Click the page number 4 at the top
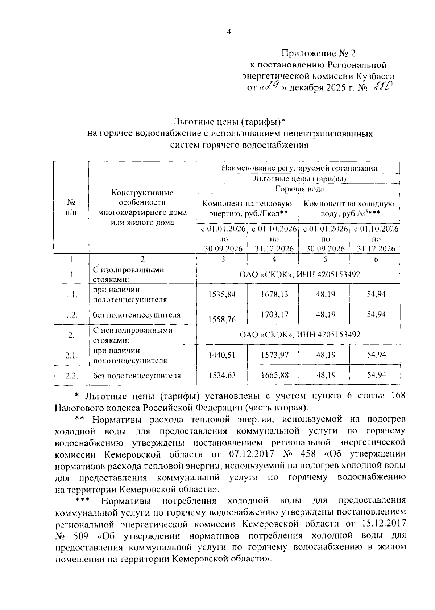tap(228, 32)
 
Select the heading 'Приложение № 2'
tap(319, 53)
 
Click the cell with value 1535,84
tap(222, 294)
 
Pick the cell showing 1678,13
tap(274, 294)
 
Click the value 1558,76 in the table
tap(222, 319)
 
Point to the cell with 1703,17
tap(274, 314)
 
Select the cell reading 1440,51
tap(222, 355)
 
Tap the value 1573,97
tap(274, 355)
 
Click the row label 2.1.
tap(71, 355)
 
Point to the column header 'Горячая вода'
tap(299, 189)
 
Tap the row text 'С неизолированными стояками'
tap(133, 335)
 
